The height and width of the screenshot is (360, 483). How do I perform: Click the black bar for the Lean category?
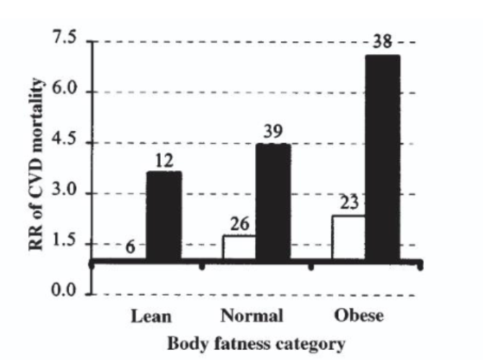click(164, 216)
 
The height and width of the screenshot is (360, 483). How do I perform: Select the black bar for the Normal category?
click(273, 203)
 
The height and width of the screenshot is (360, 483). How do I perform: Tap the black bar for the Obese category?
click(382, 159)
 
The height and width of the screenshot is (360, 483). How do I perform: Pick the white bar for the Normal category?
click(239, 247)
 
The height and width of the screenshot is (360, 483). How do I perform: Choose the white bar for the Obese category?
click(348, 238)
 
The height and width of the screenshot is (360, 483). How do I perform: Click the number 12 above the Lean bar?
click(164, 160)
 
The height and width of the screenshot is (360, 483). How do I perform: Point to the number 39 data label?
click(274, 133)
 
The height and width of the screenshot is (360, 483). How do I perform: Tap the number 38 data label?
click(383, 43)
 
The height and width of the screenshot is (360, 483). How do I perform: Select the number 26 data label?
click(239, 224)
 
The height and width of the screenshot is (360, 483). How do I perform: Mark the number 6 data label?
click(130, 246)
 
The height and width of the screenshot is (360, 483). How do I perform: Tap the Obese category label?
click(360, 316)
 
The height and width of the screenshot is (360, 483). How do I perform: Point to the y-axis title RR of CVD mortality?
click(36, 167)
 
